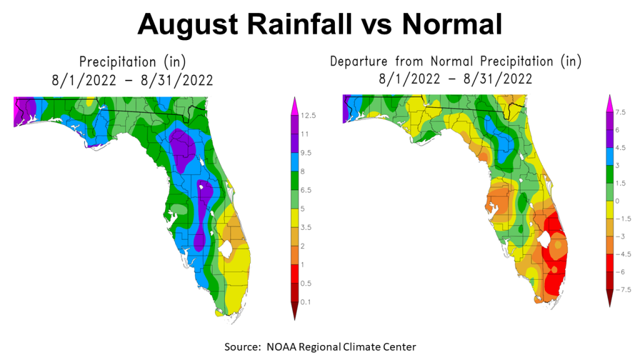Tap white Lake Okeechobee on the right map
(543, 238)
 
